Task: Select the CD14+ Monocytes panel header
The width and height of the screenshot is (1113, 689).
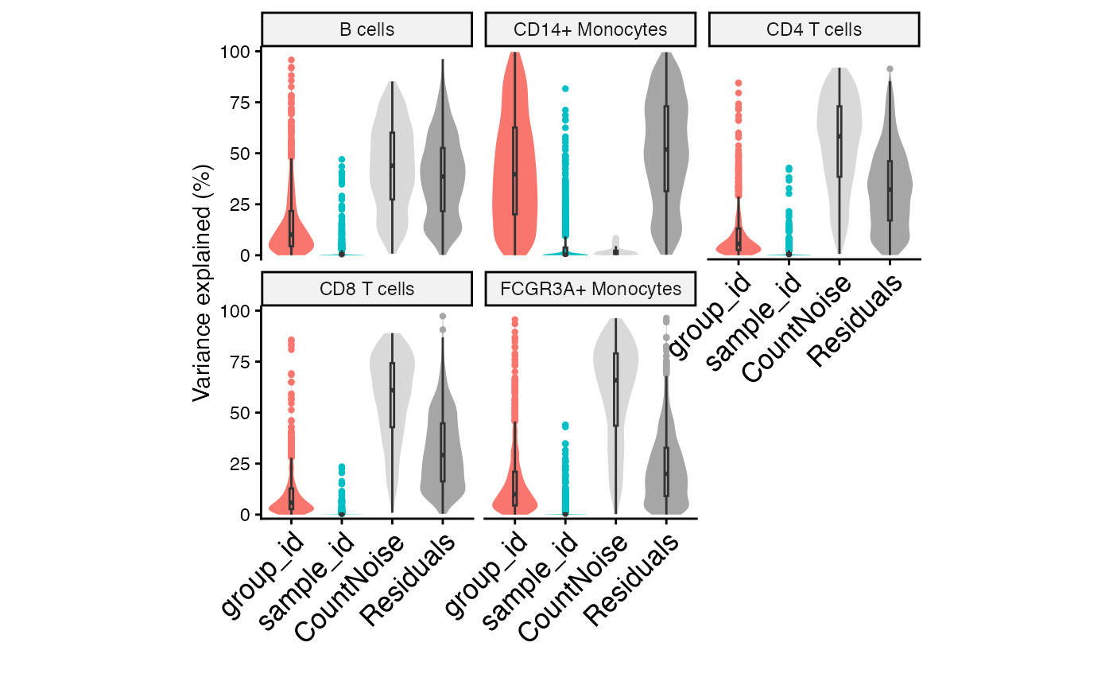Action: tap(590, 30)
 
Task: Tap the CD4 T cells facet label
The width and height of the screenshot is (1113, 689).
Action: tap(813, 30)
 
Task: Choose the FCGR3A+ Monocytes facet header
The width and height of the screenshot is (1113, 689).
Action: tap(590, 289)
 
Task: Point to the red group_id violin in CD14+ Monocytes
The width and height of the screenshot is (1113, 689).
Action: tap(515, 159)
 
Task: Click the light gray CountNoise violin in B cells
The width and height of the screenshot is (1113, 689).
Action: tap(392, 159)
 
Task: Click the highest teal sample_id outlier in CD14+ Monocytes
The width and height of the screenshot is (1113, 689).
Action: tap(565, 89)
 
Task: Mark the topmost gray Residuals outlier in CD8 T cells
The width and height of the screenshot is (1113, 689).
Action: tap(443, 317)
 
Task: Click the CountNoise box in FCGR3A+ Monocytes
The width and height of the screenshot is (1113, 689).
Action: tap(615, 390)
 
